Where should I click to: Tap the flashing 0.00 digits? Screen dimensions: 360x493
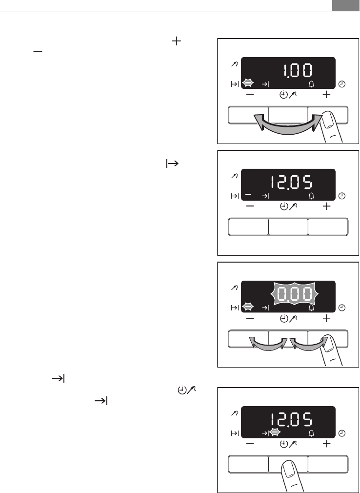coord(295,294)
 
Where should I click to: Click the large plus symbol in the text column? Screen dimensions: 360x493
coord(177,41)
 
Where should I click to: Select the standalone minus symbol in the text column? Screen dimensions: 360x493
coord(38,51)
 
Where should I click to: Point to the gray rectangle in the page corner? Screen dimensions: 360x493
coord(345,5)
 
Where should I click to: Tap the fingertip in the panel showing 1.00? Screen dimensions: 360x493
coord(328,120)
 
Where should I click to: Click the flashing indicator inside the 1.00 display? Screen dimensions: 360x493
coord(248,83)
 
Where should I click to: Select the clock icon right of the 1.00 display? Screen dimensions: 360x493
coord(342,84)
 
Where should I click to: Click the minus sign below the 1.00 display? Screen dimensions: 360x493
coord(250,94)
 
